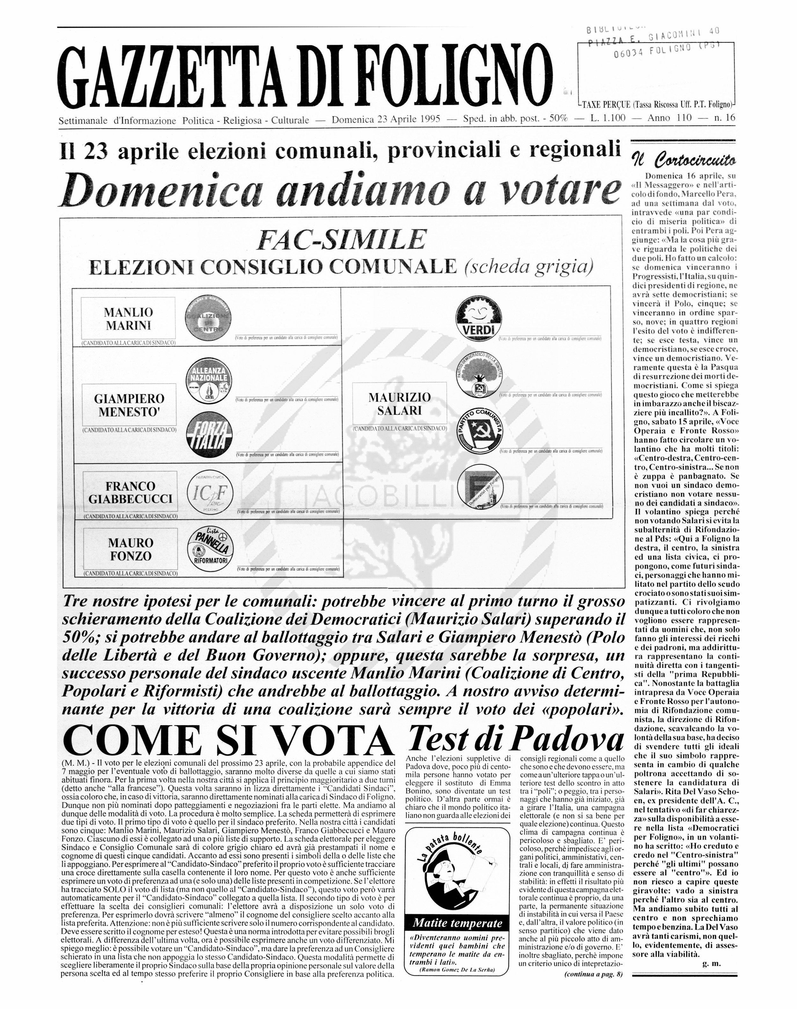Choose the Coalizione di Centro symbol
(x=208, y=318)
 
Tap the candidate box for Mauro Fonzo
(x=130, y=549)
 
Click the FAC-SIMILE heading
(x=341, y=239)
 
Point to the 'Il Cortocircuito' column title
(x=684, y=160)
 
